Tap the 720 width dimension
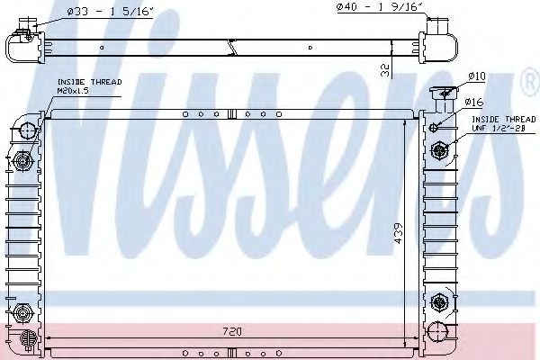coord(233,331)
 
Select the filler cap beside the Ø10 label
coord(442,93)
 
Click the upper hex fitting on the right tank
coord(440,149)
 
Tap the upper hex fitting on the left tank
coord(24,162)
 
